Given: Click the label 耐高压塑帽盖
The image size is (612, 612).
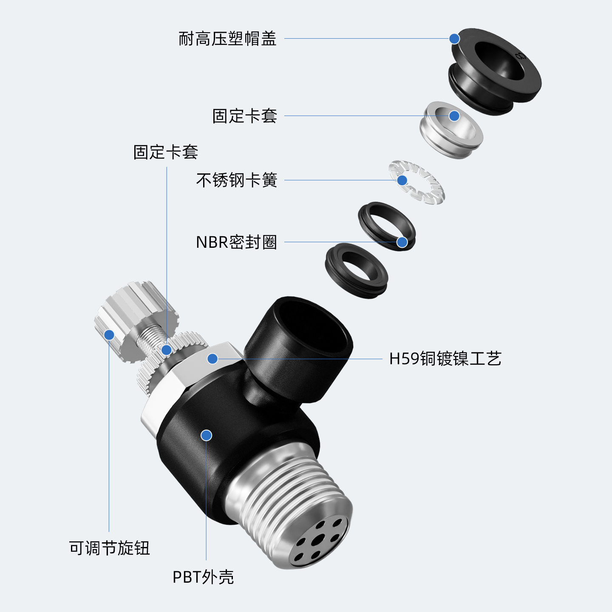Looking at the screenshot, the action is click(x=227, y=39).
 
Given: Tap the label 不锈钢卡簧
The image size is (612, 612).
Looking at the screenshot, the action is click(x=237, y=180).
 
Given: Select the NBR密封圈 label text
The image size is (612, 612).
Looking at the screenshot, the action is click(x=236, y=242).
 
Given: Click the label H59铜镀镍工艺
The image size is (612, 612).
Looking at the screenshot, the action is click(x=445, y=359).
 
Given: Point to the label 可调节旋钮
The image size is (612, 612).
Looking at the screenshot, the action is click(x=109, y=548).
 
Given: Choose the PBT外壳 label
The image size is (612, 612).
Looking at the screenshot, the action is click(x=203, y=577).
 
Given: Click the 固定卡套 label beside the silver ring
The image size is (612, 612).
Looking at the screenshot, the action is click(x=245, y=116).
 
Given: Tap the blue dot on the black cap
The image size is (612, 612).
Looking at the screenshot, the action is click(x=454, y=39).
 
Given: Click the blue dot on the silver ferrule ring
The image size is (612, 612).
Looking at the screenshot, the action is click(x=454, y=116).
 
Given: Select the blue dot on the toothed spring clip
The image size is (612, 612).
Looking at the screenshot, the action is click(x=402, y=180).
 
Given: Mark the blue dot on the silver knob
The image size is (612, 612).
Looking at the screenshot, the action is click(x=109, y=335).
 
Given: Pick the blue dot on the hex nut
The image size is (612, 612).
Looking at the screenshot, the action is click(x=212, y=359).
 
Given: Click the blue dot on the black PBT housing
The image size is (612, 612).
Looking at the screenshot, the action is click(x=207, y=435).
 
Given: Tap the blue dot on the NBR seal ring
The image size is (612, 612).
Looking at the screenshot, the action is click(x=402, y=242).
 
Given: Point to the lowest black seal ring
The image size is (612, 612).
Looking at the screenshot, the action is click(x=356, y=271).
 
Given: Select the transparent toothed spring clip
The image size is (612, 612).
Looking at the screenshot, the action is click(x=417, y=182).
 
